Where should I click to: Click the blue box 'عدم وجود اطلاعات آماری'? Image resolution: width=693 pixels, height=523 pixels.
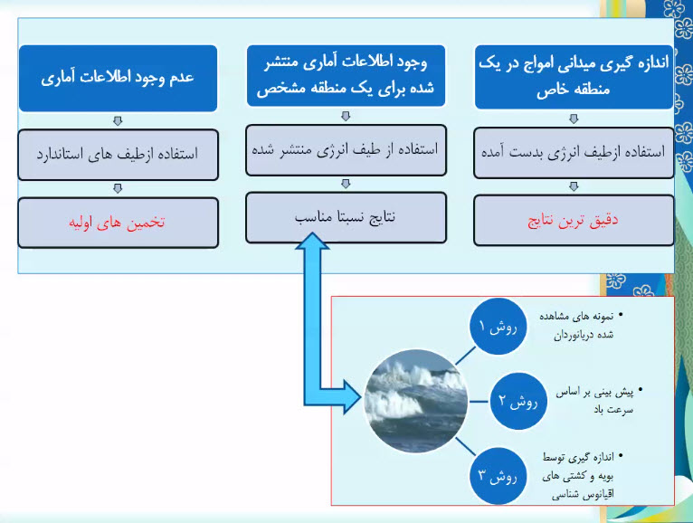pos(118,78)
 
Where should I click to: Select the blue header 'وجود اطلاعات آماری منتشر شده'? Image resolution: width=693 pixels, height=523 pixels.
pos(346,76)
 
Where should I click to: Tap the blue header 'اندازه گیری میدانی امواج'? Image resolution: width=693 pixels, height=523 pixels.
pos(574,77)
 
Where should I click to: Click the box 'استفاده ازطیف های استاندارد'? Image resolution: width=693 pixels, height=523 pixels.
pos(118,155)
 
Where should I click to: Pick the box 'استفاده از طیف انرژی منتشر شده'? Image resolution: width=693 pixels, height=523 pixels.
pos(346,150)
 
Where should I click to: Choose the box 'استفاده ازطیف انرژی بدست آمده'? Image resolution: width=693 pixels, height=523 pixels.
pos(574,153)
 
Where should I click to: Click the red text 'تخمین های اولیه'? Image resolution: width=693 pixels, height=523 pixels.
pos(117,222)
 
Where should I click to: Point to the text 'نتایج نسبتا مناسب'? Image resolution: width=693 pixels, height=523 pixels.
pos(346,217)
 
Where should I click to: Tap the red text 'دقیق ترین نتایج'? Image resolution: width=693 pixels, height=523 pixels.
pos(573,220)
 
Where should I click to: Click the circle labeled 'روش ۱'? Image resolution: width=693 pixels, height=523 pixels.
pos(498,327)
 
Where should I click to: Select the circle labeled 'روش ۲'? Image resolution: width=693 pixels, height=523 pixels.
pos(518,401)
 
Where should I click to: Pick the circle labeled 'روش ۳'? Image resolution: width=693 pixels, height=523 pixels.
pos(498,476)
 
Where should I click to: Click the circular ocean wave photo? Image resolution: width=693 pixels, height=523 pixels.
pos(416,402)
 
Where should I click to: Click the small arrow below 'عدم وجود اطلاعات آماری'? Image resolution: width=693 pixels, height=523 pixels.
pos(118,120)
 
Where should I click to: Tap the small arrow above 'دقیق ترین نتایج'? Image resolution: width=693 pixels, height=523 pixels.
pos(574,186)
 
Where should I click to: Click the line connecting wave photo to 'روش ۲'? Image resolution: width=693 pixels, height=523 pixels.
pos(479,402)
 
